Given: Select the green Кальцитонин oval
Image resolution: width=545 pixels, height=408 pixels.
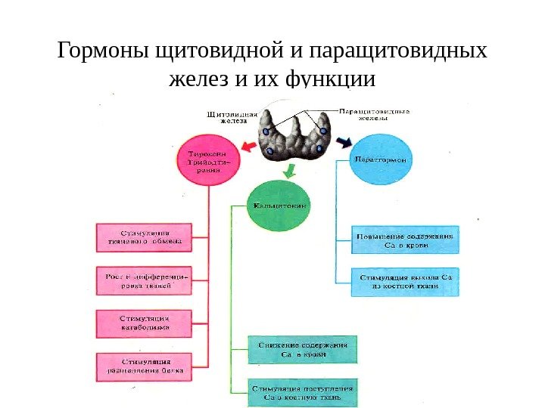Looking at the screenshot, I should click(x=279, y=206).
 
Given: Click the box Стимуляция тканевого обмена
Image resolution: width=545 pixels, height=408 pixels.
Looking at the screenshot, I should click(x=144, y=236).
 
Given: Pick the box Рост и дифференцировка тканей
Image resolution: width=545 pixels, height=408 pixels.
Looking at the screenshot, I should click(x=144, y=280).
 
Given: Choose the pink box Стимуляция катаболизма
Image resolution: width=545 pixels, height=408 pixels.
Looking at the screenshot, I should click(x=144, y=323).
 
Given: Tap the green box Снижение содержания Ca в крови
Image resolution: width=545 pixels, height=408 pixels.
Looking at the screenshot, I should click(x=303, y=349).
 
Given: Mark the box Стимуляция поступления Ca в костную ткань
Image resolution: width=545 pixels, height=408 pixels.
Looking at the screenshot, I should click(x=303, y=392).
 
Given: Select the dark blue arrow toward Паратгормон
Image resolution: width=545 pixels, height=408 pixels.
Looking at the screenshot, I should click(x=344, y=141).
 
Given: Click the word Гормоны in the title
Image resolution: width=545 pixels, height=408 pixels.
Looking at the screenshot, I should click(x=104, y=52).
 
